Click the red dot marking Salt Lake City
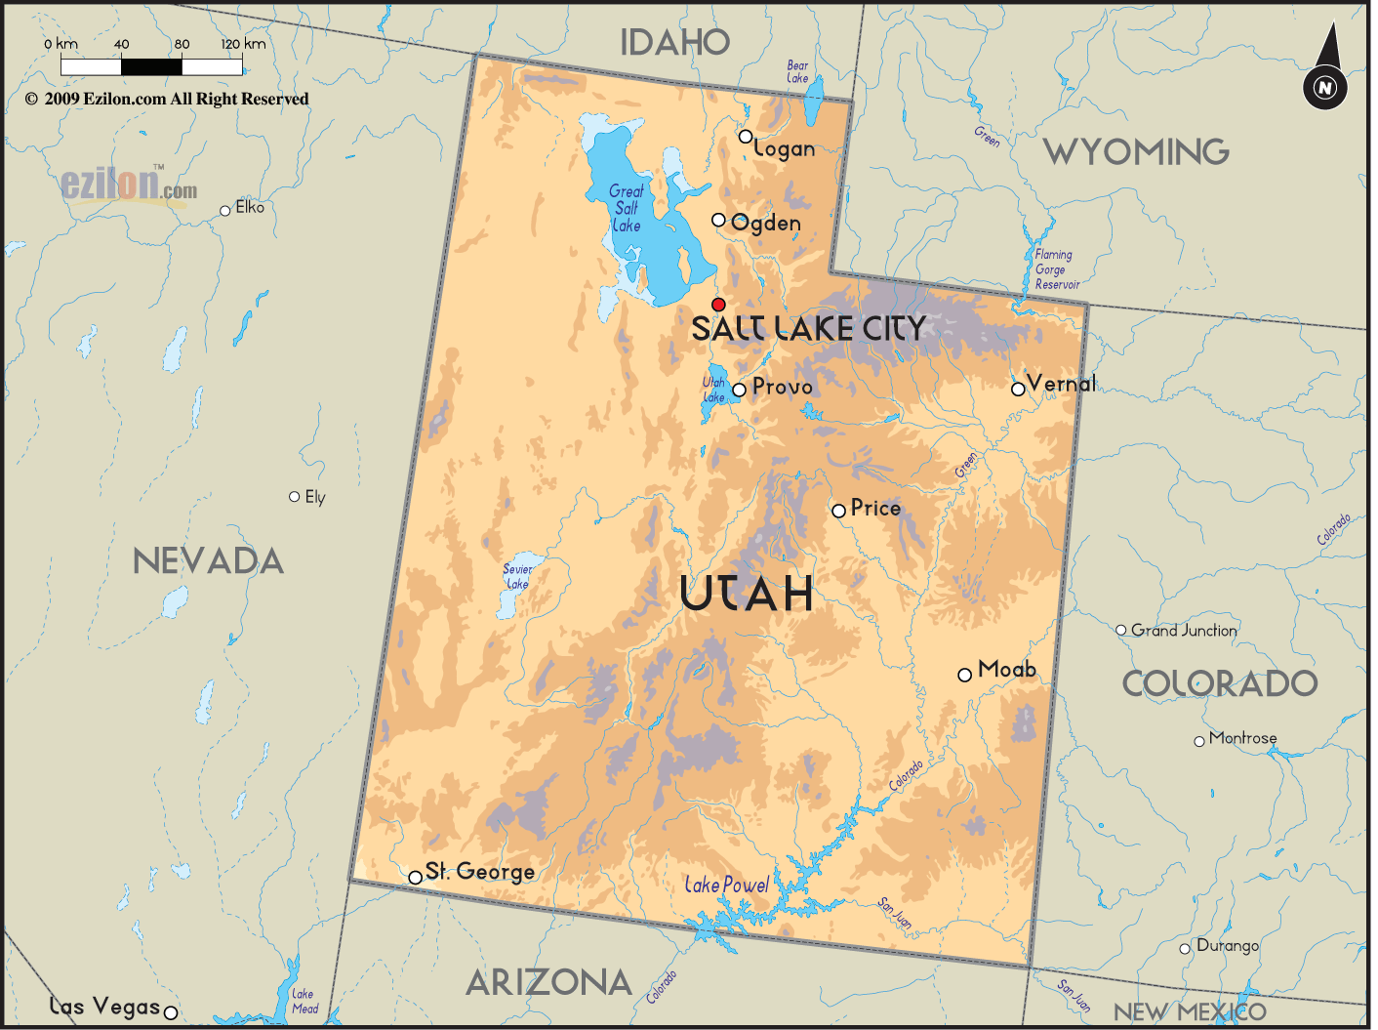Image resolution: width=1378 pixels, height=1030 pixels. pos(718,305)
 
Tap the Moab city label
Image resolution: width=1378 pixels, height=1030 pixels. pos(1006,670)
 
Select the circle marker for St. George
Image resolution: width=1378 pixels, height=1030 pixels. pos(416,878)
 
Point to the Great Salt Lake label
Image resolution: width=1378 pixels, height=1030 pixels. pos(626,208)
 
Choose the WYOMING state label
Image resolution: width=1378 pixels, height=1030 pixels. pos(1136,152)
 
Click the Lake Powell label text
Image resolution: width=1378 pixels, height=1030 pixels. pos(727,886)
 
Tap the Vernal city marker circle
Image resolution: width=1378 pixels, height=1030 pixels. pos(1018,389)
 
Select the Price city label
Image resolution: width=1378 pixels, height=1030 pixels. pos(875,508)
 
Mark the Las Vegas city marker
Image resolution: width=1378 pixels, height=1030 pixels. pos(170,1012)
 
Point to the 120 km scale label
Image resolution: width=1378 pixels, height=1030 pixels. pos(243,44)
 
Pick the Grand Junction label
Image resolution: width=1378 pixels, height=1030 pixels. pos(1184,631)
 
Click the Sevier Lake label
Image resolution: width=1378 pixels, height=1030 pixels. pos(517,577)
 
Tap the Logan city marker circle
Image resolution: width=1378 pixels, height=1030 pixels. pos(746,137)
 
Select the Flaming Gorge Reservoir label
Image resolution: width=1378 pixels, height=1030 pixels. pos(1056,269)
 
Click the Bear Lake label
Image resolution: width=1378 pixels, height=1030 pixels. pos(797,71)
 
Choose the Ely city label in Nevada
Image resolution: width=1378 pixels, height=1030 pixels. pos(314,497)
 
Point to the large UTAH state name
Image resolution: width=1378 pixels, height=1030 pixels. pos(747,594)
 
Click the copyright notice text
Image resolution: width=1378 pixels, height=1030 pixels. pos(167,99)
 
